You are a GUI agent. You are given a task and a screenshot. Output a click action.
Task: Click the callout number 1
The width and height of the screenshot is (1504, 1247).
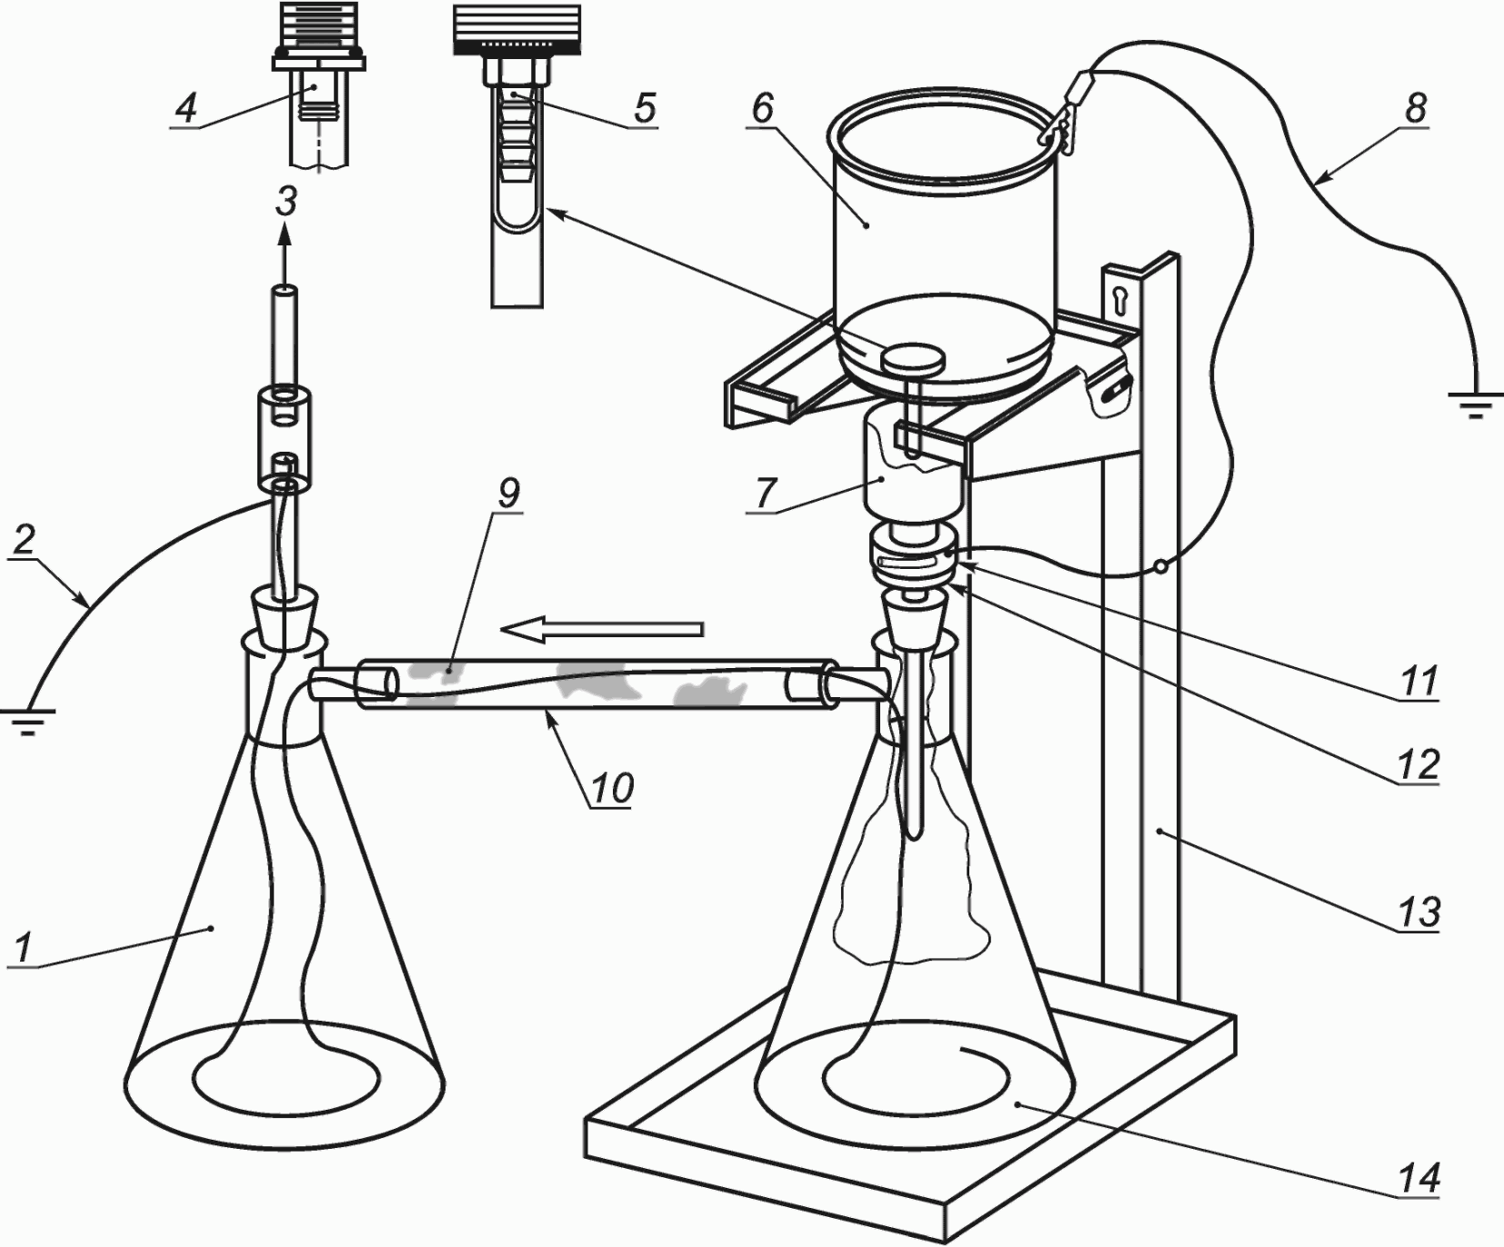(x=22, y=948)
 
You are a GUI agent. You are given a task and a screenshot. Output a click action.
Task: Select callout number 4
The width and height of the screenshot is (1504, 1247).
(x=185, y=109)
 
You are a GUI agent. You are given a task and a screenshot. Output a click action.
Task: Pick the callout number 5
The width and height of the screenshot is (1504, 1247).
(x=644, y=108)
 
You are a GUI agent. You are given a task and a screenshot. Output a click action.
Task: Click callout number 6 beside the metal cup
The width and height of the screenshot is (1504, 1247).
(x=762, y=109)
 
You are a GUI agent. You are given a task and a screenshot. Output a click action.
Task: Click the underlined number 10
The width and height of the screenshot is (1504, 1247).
(x=613, y=787)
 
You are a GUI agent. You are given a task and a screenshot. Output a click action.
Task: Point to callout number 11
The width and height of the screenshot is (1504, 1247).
(x=1419, y=681)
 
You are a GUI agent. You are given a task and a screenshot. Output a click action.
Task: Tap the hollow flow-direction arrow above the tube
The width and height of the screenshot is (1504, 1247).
(x=602, y=629)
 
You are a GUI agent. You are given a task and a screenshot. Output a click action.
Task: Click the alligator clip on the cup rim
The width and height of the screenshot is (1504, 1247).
(x=1063, y=112)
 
